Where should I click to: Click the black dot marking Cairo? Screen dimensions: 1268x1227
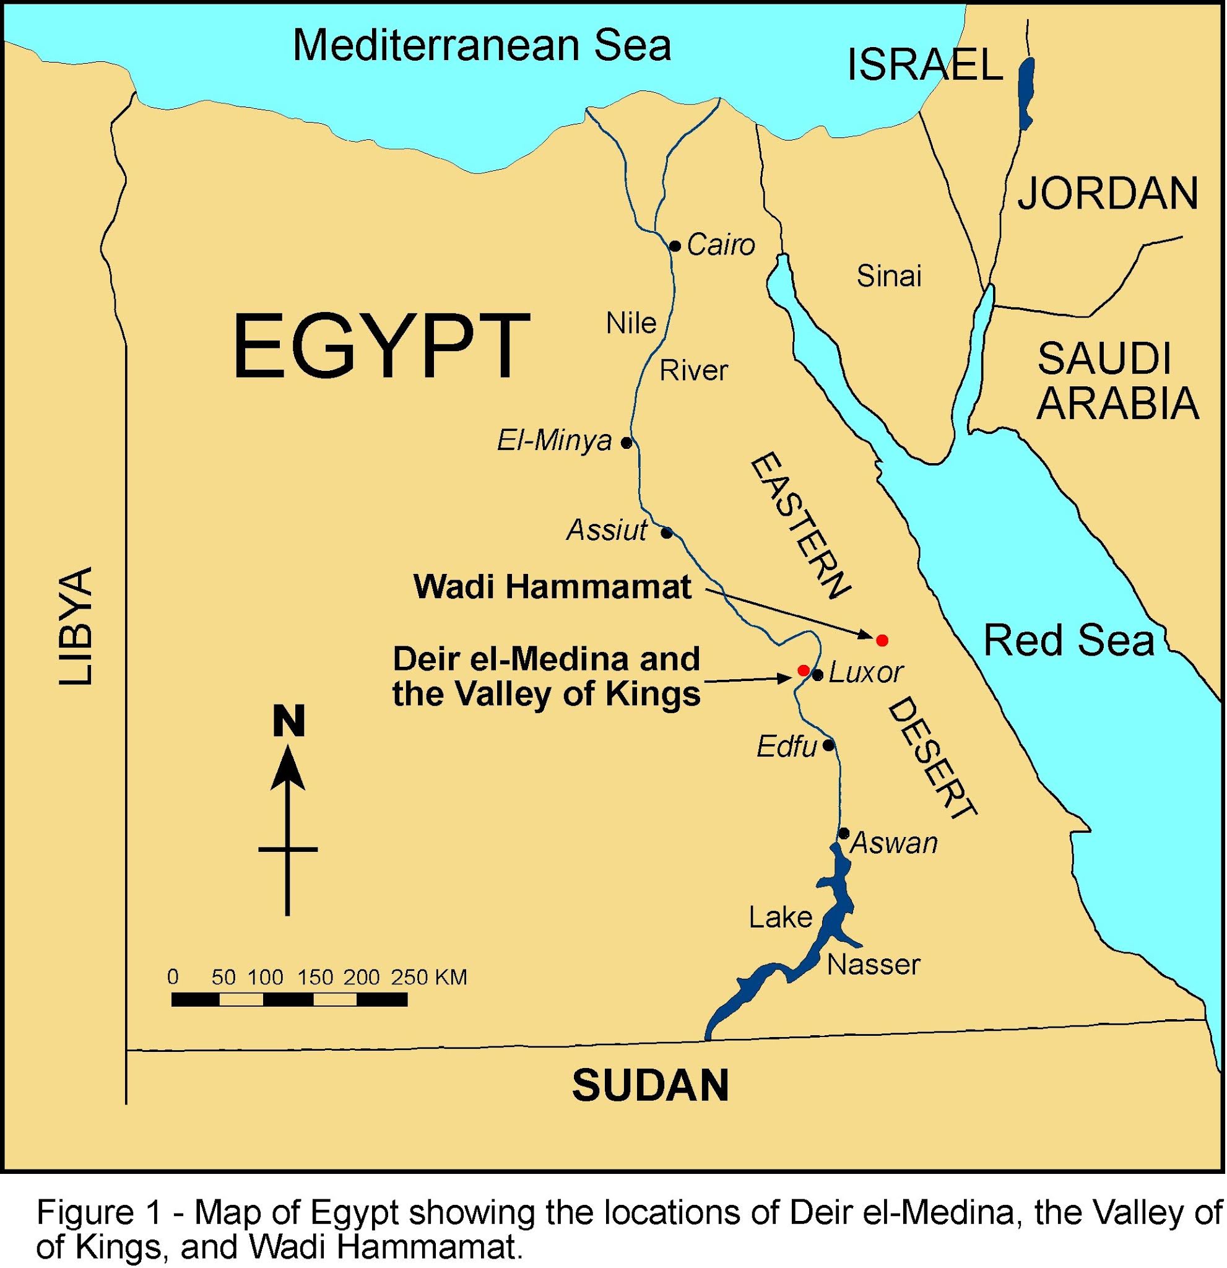point(675,246)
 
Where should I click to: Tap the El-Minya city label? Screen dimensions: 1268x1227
point(553,441)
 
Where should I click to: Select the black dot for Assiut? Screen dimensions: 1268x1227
point(666,533)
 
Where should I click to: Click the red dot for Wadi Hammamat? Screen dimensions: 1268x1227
point(881,640)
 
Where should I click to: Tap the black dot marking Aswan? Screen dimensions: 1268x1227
point(844,833)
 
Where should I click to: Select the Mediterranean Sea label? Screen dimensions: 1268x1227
point(482,45)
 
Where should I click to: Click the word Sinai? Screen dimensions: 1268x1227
point(889,276)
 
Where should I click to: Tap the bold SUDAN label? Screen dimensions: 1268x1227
point(650,1085)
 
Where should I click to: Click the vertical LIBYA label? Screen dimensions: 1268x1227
point(76,626)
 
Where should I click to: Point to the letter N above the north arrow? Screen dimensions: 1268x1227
point(288,721)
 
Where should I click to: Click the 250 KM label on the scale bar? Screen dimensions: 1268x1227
point(428,977)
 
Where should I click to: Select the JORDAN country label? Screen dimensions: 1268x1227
point(1108,193)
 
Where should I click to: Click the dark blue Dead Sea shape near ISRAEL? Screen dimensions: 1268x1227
point(1025,94)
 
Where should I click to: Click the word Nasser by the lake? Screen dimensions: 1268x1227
point(873,965)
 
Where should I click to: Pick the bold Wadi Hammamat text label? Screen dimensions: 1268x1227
point(552,588)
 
